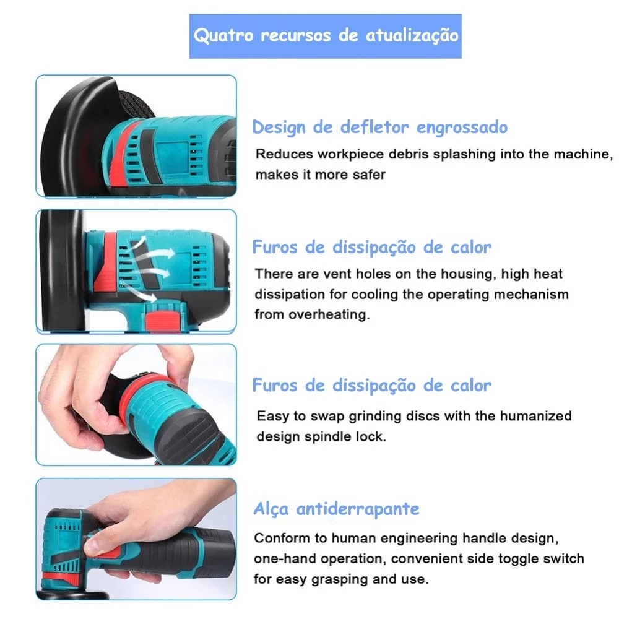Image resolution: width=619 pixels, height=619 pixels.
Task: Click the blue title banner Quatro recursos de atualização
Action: tap(326, 37)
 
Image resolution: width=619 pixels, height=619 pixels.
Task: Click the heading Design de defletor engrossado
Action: tap(380, 128)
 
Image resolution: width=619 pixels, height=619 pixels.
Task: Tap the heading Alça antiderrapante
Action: tap(336, 509)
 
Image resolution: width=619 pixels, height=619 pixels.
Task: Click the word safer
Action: tap(369, 175)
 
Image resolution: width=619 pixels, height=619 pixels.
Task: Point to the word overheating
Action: tap(329, 314)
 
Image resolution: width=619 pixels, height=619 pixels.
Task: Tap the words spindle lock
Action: tap(345, 436)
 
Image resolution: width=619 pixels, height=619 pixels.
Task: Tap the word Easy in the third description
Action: tap(272, 417)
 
